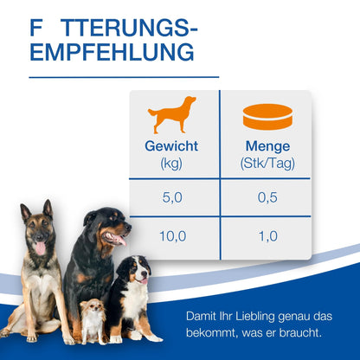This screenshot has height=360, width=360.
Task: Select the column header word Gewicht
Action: (x=170, y=147)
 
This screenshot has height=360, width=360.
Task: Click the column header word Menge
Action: (x=267, y=147)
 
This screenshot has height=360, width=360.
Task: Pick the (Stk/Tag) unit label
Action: (x=267, y=164)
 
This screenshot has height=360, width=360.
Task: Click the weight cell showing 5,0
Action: (x=171, y=198)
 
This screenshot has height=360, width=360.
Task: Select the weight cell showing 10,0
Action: (x=171, y=235)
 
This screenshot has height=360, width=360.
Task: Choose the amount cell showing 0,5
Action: (x=267, y=198)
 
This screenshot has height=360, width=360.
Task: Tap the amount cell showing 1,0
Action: (x=267, y=235)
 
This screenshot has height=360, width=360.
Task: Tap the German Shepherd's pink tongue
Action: (x=38, y=247)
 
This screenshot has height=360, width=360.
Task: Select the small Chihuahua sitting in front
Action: (x=92, y=320)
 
